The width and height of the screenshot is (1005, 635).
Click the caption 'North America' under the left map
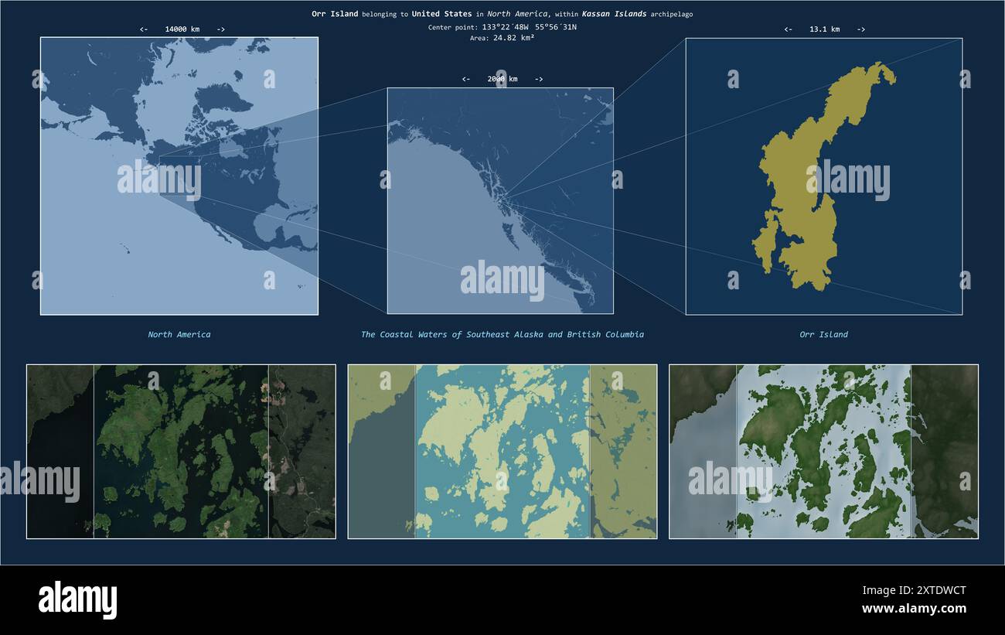[x=179, y=335]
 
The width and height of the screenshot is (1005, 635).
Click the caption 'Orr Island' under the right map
[x=823, y=335]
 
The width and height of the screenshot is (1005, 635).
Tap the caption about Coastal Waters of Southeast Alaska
[x=502, y=335]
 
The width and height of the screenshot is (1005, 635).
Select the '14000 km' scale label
[x=182, y=29]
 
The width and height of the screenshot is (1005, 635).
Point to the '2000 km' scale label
[x=502, y=79]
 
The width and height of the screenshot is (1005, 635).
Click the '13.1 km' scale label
[x=824, y=29]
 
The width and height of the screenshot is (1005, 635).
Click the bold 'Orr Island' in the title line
[x=335, y=14]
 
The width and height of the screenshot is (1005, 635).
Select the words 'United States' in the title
[x=441, y=14]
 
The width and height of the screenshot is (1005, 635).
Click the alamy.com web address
[x=914, y=609]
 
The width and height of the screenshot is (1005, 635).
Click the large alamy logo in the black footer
[x=77, y=599]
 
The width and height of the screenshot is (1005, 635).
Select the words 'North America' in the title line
[x=517, y=14]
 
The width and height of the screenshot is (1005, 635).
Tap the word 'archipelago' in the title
[x=672, y=14]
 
